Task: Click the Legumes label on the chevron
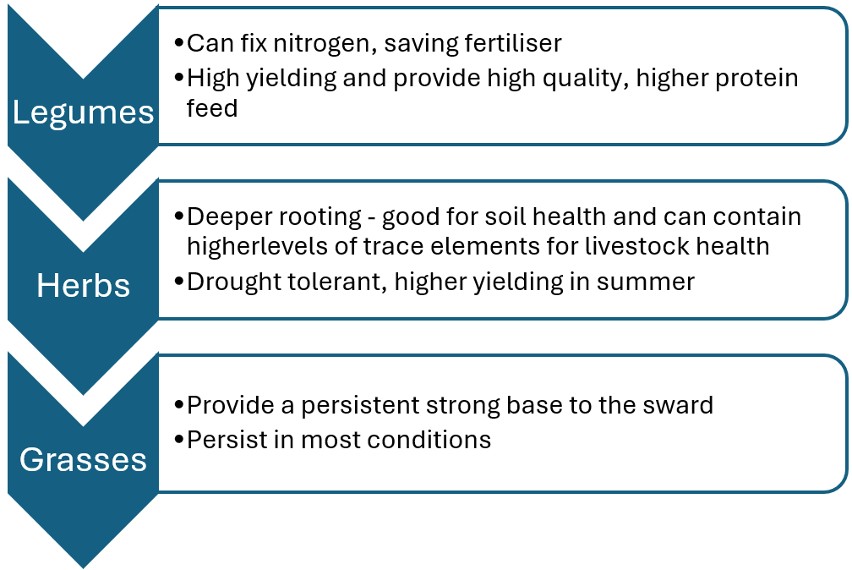pos(83,113)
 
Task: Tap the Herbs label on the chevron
pos(83,286)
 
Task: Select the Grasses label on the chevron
pos(83,459)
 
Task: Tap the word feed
pos(212,107)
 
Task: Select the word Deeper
pos(228,217)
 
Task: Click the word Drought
pos(227,282)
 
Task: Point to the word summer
pos(646,282)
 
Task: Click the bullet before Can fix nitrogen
pos(179,42)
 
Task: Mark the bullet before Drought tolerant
pos(179,282)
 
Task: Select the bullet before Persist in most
pos(179,439)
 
